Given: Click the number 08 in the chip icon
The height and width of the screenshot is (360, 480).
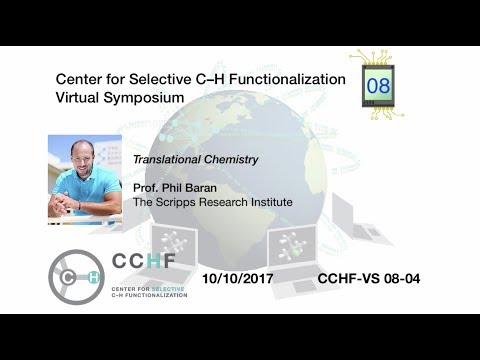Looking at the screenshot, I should (x=379, y=86).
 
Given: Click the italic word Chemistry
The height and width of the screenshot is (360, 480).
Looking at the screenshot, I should (x=230, y=159).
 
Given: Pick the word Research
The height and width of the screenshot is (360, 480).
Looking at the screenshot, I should (x=224, y=202).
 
